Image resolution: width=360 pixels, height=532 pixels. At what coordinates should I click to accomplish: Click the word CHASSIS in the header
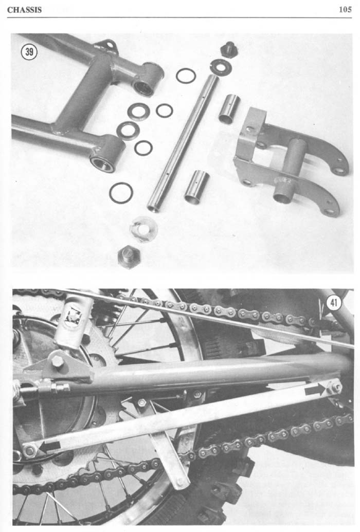coord(24,9)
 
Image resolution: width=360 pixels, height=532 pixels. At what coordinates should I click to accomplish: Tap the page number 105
coord(345,9)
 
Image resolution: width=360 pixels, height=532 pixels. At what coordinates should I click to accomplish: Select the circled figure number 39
coord(29,52)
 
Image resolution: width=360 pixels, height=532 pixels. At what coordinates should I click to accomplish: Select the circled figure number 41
coord(333,303)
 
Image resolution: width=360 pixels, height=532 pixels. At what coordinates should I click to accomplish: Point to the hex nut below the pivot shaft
coord(129,256)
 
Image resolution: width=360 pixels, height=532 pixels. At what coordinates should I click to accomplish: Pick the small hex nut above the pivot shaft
coord(228,49)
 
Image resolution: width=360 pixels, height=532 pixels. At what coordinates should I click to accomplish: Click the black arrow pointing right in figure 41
coord(315,390)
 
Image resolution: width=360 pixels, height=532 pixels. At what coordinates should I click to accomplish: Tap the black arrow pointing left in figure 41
coord(49,447)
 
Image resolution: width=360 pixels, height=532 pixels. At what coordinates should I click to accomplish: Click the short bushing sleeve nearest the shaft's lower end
coord(196,188)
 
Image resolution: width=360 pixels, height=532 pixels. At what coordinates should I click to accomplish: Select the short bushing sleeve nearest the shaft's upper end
coord(229,108)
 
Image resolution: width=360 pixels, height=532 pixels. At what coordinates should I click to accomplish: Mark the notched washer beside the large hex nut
coord(143,229)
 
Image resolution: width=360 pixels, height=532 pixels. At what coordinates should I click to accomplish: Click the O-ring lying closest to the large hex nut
coord(121,193)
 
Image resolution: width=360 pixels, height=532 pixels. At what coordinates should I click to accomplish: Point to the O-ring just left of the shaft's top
coord(186,76)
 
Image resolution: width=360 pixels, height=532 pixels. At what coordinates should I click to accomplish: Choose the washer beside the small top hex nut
coord(221,65)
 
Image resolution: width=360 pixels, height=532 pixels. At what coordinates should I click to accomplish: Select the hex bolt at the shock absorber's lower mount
coord(58,361)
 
